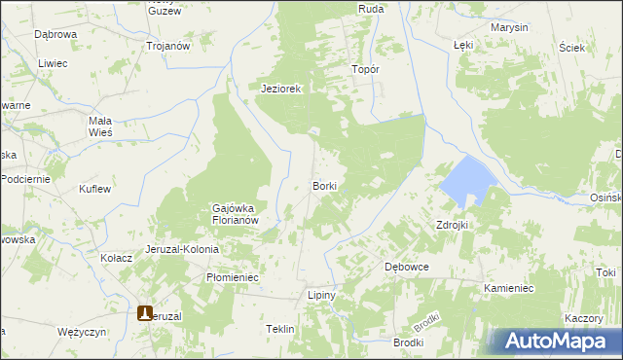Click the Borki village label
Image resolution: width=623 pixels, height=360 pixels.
pyautogui.click(x=324, y=185)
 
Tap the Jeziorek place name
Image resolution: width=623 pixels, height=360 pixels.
pyautogui.click(x=282, y=89)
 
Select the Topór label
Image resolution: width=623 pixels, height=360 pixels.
pyautogui.click(x=365, y=70)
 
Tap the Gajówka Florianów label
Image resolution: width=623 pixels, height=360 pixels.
pyautogui.click(x=235, y=214)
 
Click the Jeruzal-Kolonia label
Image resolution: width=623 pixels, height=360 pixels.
pyautogui.click(x=182, y=249)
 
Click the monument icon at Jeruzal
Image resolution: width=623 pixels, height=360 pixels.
pyautogui.click(x=146, y=314)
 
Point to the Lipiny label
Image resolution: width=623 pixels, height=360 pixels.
pyautogui.click(x=321, y=295)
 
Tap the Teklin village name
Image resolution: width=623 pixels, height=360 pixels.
pyautogui.click(x=279, y=329)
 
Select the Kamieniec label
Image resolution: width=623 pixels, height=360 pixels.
pyautogui.click(x=507, y=289)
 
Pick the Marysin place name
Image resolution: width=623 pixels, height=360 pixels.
pyautogui.click(x=510, y=27)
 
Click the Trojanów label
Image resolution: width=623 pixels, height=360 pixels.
pyautogui.click(x=166, y=46)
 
